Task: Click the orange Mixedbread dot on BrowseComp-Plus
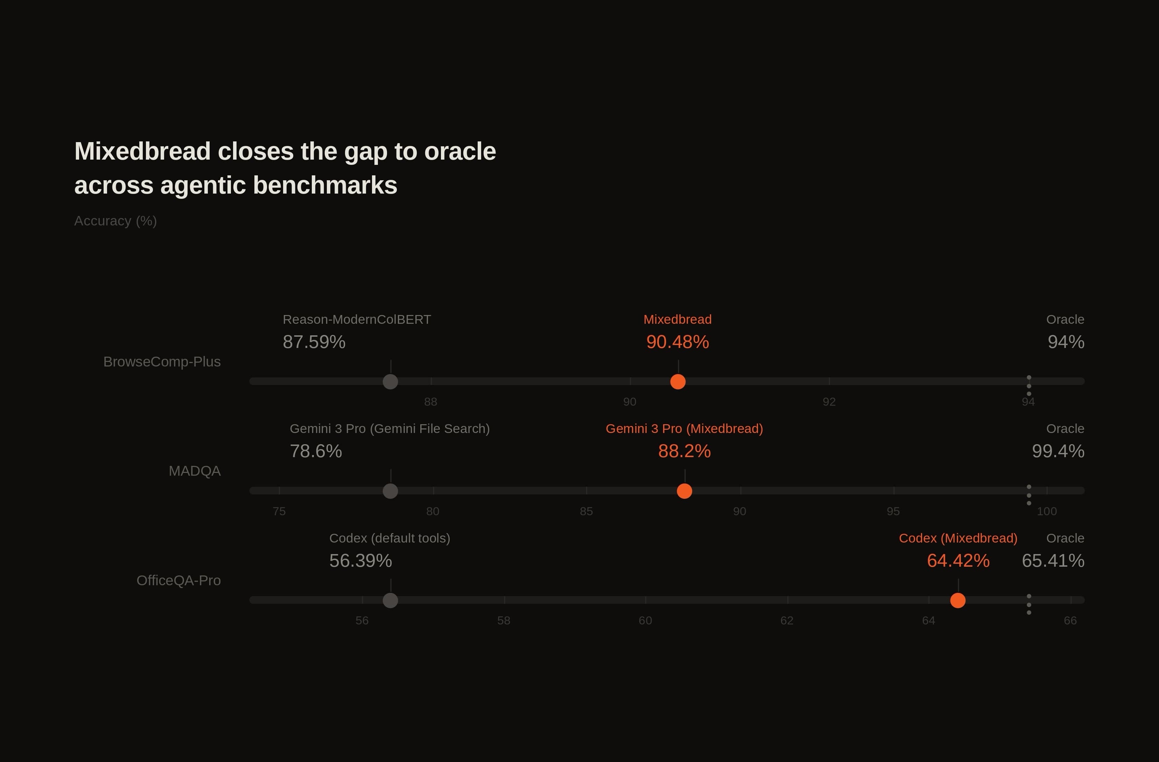pos(677,382)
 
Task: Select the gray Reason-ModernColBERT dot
pos(390,382)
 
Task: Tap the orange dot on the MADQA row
pos(684,491)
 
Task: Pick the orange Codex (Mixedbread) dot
pos(957,600)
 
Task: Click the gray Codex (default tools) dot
pos(390,600)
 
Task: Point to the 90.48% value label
pos(677,342)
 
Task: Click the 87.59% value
pos(314,342)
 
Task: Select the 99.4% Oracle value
pos(1058,451)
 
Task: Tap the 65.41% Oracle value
pos(1053,561)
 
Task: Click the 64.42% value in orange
pos(958,561)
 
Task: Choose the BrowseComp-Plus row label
pos(162,362)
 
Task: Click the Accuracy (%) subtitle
pos(115,221)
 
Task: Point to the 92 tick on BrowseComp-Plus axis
pos(829,402)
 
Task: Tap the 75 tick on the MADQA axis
pos(279,511)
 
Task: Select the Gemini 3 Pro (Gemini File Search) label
pos(389,429)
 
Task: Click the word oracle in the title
pos(460,152)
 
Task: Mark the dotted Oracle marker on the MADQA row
pos(1028,495)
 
